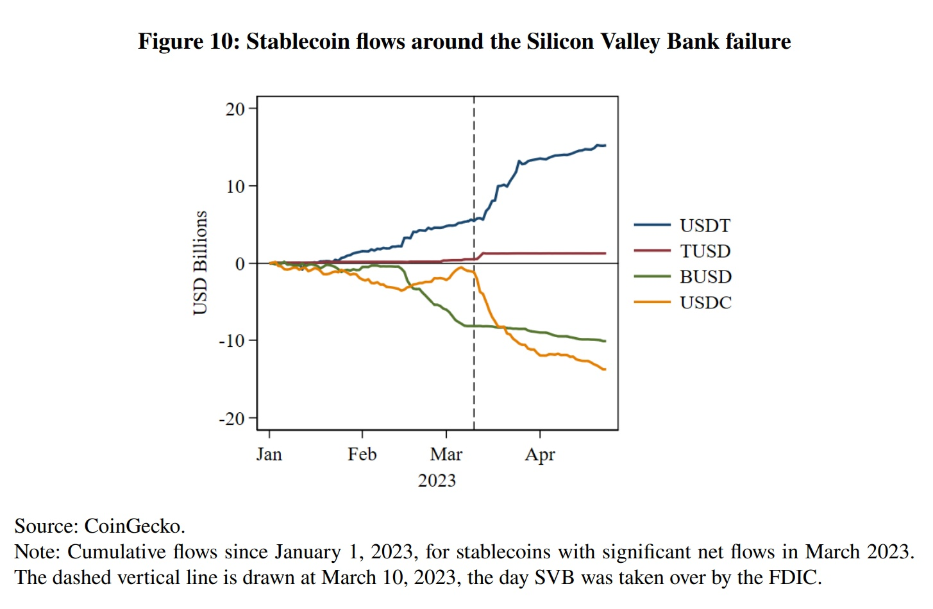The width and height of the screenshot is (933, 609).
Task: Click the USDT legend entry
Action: [x=704, y=226]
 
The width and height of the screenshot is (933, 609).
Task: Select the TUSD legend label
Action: [x=705, y=251]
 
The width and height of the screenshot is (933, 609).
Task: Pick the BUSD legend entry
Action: [x=705, y=277]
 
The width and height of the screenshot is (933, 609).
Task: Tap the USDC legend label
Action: [x=705, y=303]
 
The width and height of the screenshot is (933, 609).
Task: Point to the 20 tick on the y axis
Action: [x=235, y=109]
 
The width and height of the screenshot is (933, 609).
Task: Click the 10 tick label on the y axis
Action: [x=235, y=187]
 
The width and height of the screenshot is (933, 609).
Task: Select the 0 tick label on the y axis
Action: [x=240, y=263]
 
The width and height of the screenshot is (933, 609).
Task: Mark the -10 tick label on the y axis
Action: [x=231, y=341]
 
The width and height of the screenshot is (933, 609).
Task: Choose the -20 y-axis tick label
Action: [x=231, y=419]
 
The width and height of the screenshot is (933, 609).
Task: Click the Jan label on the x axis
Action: [x=269, y=455]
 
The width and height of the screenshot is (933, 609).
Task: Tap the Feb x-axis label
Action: [x=362, y=455]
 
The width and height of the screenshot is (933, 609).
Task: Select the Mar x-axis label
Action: [x=446, y=455]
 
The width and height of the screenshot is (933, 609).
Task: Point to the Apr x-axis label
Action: [x=540, y=455]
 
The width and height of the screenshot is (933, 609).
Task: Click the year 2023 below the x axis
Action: [x=437, y=481]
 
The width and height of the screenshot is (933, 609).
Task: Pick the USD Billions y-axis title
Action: [x=200, y=263]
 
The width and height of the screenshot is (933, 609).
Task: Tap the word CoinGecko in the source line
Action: [x=134, y=526]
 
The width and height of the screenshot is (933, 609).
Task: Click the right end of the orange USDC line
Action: [x=605, y=369]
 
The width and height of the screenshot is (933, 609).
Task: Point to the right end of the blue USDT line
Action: [x=605, y=146]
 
